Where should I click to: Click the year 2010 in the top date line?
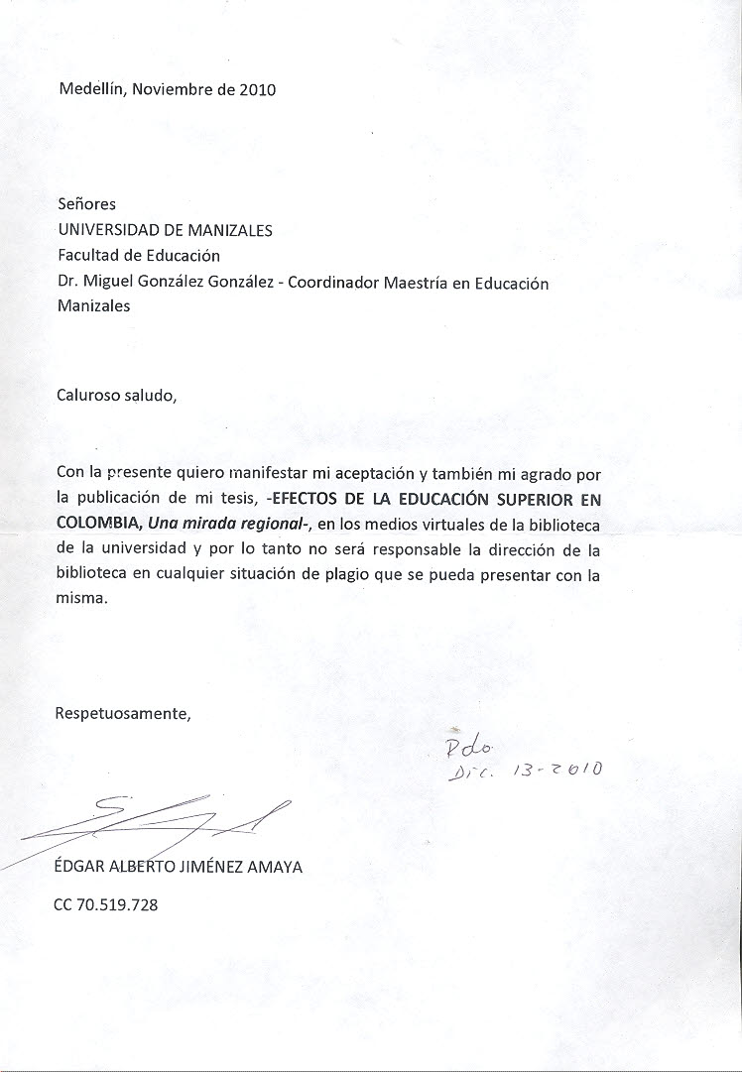(x=257, y=89)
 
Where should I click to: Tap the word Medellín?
(x=90, y=89)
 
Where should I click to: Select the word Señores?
(x=86, y=204)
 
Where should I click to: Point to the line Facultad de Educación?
(x=139, y=256)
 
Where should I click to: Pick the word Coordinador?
(x=336, y=282)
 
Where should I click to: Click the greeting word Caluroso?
(x=88, y=395)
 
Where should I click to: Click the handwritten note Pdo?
(x=462, y=744)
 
